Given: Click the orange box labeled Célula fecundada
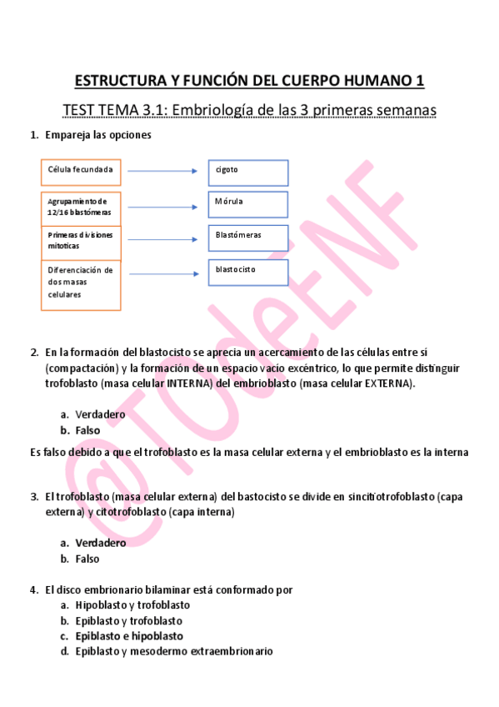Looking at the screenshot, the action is pos(81,172).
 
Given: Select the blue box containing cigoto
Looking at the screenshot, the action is pos(249,172).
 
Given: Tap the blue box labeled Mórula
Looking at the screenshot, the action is pos(249,204).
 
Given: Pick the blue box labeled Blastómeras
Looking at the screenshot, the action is pos(249,238).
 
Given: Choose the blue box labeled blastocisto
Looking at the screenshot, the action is pos(249,272).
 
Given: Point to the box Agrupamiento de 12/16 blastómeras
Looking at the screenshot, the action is pos(81,207).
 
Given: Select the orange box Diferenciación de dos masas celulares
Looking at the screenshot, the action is pos(81,285).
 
